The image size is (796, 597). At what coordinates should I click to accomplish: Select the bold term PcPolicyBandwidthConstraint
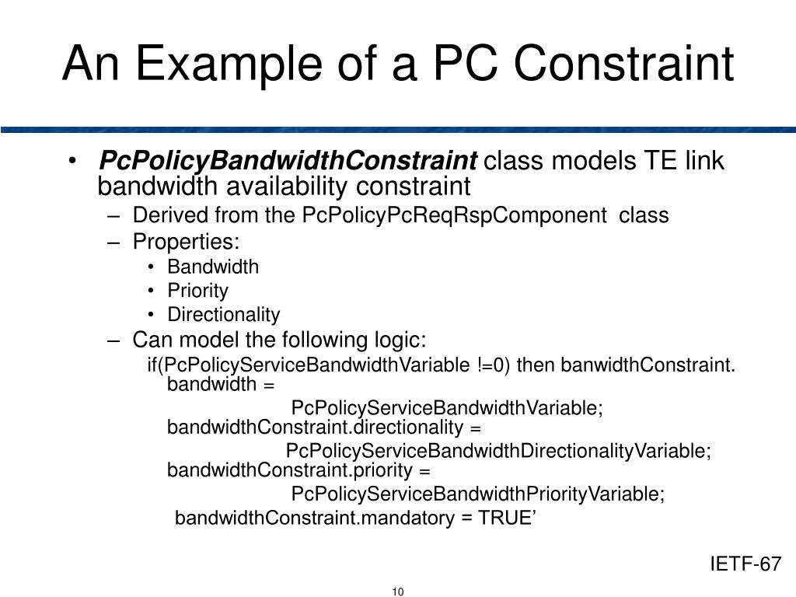coord(288,162)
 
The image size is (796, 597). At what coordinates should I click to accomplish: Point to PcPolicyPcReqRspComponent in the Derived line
coord(455,215)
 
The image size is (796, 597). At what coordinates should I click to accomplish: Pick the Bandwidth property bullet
coord(213,267)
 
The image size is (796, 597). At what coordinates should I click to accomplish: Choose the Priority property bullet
coord(197,291)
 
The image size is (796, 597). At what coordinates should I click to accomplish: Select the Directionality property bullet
coord(223,315)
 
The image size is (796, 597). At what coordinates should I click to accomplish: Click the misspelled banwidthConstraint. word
coord(648,365)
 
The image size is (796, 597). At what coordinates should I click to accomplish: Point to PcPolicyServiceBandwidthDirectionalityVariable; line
coord(498,452)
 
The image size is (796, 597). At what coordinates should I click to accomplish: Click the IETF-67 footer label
coord(745,564)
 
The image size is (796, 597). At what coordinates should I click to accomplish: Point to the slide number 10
coord(398,592)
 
